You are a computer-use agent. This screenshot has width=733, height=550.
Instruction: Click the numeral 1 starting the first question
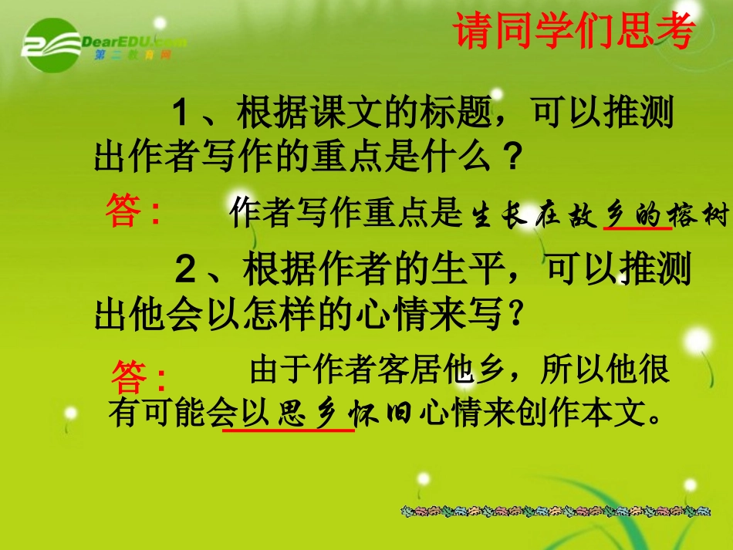[x=182, y=115]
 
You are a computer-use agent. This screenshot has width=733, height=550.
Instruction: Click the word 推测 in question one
[x=640, y=115]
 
